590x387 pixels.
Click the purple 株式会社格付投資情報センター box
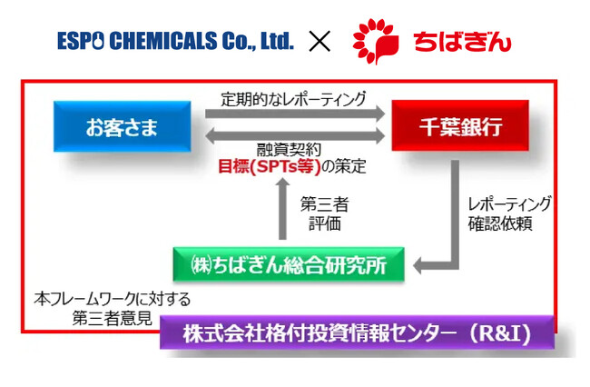tap(357, 332)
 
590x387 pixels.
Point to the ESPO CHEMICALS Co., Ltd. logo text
tap(176, 41)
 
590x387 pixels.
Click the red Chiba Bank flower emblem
tap(375, 40)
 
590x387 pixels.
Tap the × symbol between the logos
tap(320, 41)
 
